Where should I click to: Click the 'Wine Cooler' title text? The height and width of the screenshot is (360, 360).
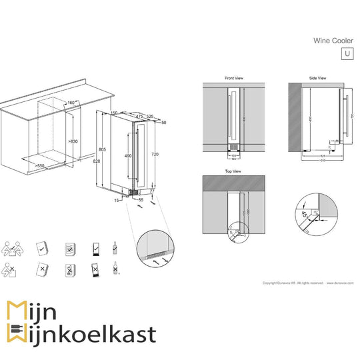pyautogui.click(x=333, y=40)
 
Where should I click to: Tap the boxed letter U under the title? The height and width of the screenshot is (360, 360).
pyautogui.click(x=346, y=54)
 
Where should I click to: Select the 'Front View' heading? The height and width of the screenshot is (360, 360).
pyautogui.click(x=234, y=78)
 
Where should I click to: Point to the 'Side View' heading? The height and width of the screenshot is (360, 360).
pyautogui.click(x=317, y=78)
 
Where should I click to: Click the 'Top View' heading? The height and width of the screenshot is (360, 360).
pyautogui.click(x=233, y=171)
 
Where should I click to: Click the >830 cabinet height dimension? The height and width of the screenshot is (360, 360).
pyautogui.click(x=73, y=141)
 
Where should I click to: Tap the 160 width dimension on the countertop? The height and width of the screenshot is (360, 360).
pyautogui.click(x=71, y=103)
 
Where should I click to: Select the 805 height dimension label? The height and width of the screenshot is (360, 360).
pyautogui.click(x=102, y=149)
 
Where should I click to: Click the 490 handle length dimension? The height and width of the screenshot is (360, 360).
pyautogui.click(x=129, y=155)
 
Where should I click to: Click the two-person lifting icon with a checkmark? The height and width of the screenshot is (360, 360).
pyautogui.click(x=12, y=249)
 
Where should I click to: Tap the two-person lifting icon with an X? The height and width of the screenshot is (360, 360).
pyautogui.click(x=12, y=270)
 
